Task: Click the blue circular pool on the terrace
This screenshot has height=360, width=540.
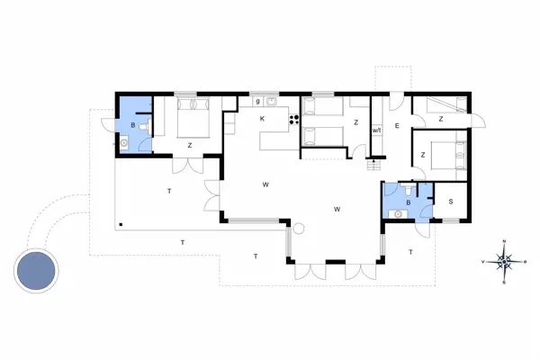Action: coord(36,269)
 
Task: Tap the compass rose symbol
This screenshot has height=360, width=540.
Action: coord(505,262)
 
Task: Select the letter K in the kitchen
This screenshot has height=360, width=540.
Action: coord(263,119)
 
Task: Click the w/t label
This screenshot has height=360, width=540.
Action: coord(377,131)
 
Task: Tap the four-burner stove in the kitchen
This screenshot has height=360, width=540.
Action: coord(292,119)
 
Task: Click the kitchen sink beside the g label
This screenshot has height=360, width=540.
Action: coord(270,102)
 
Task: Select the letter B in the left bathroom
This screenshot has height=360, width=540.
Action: coord(132,125)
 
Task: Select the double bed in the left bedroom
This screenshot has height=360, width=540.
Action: coord(193,118)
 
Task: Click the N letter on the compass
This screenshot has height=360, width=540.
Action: coord(505,241)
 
